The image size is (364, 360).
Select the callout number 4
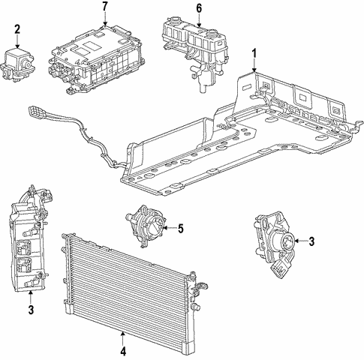click(x=122, y=349)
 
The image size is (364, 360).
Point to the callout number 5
click(x=180, y=228)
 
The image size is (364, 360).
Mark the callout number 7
click(x=104, y=7)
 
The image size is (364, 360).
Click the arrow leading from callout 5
click(x=168, y=228)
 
